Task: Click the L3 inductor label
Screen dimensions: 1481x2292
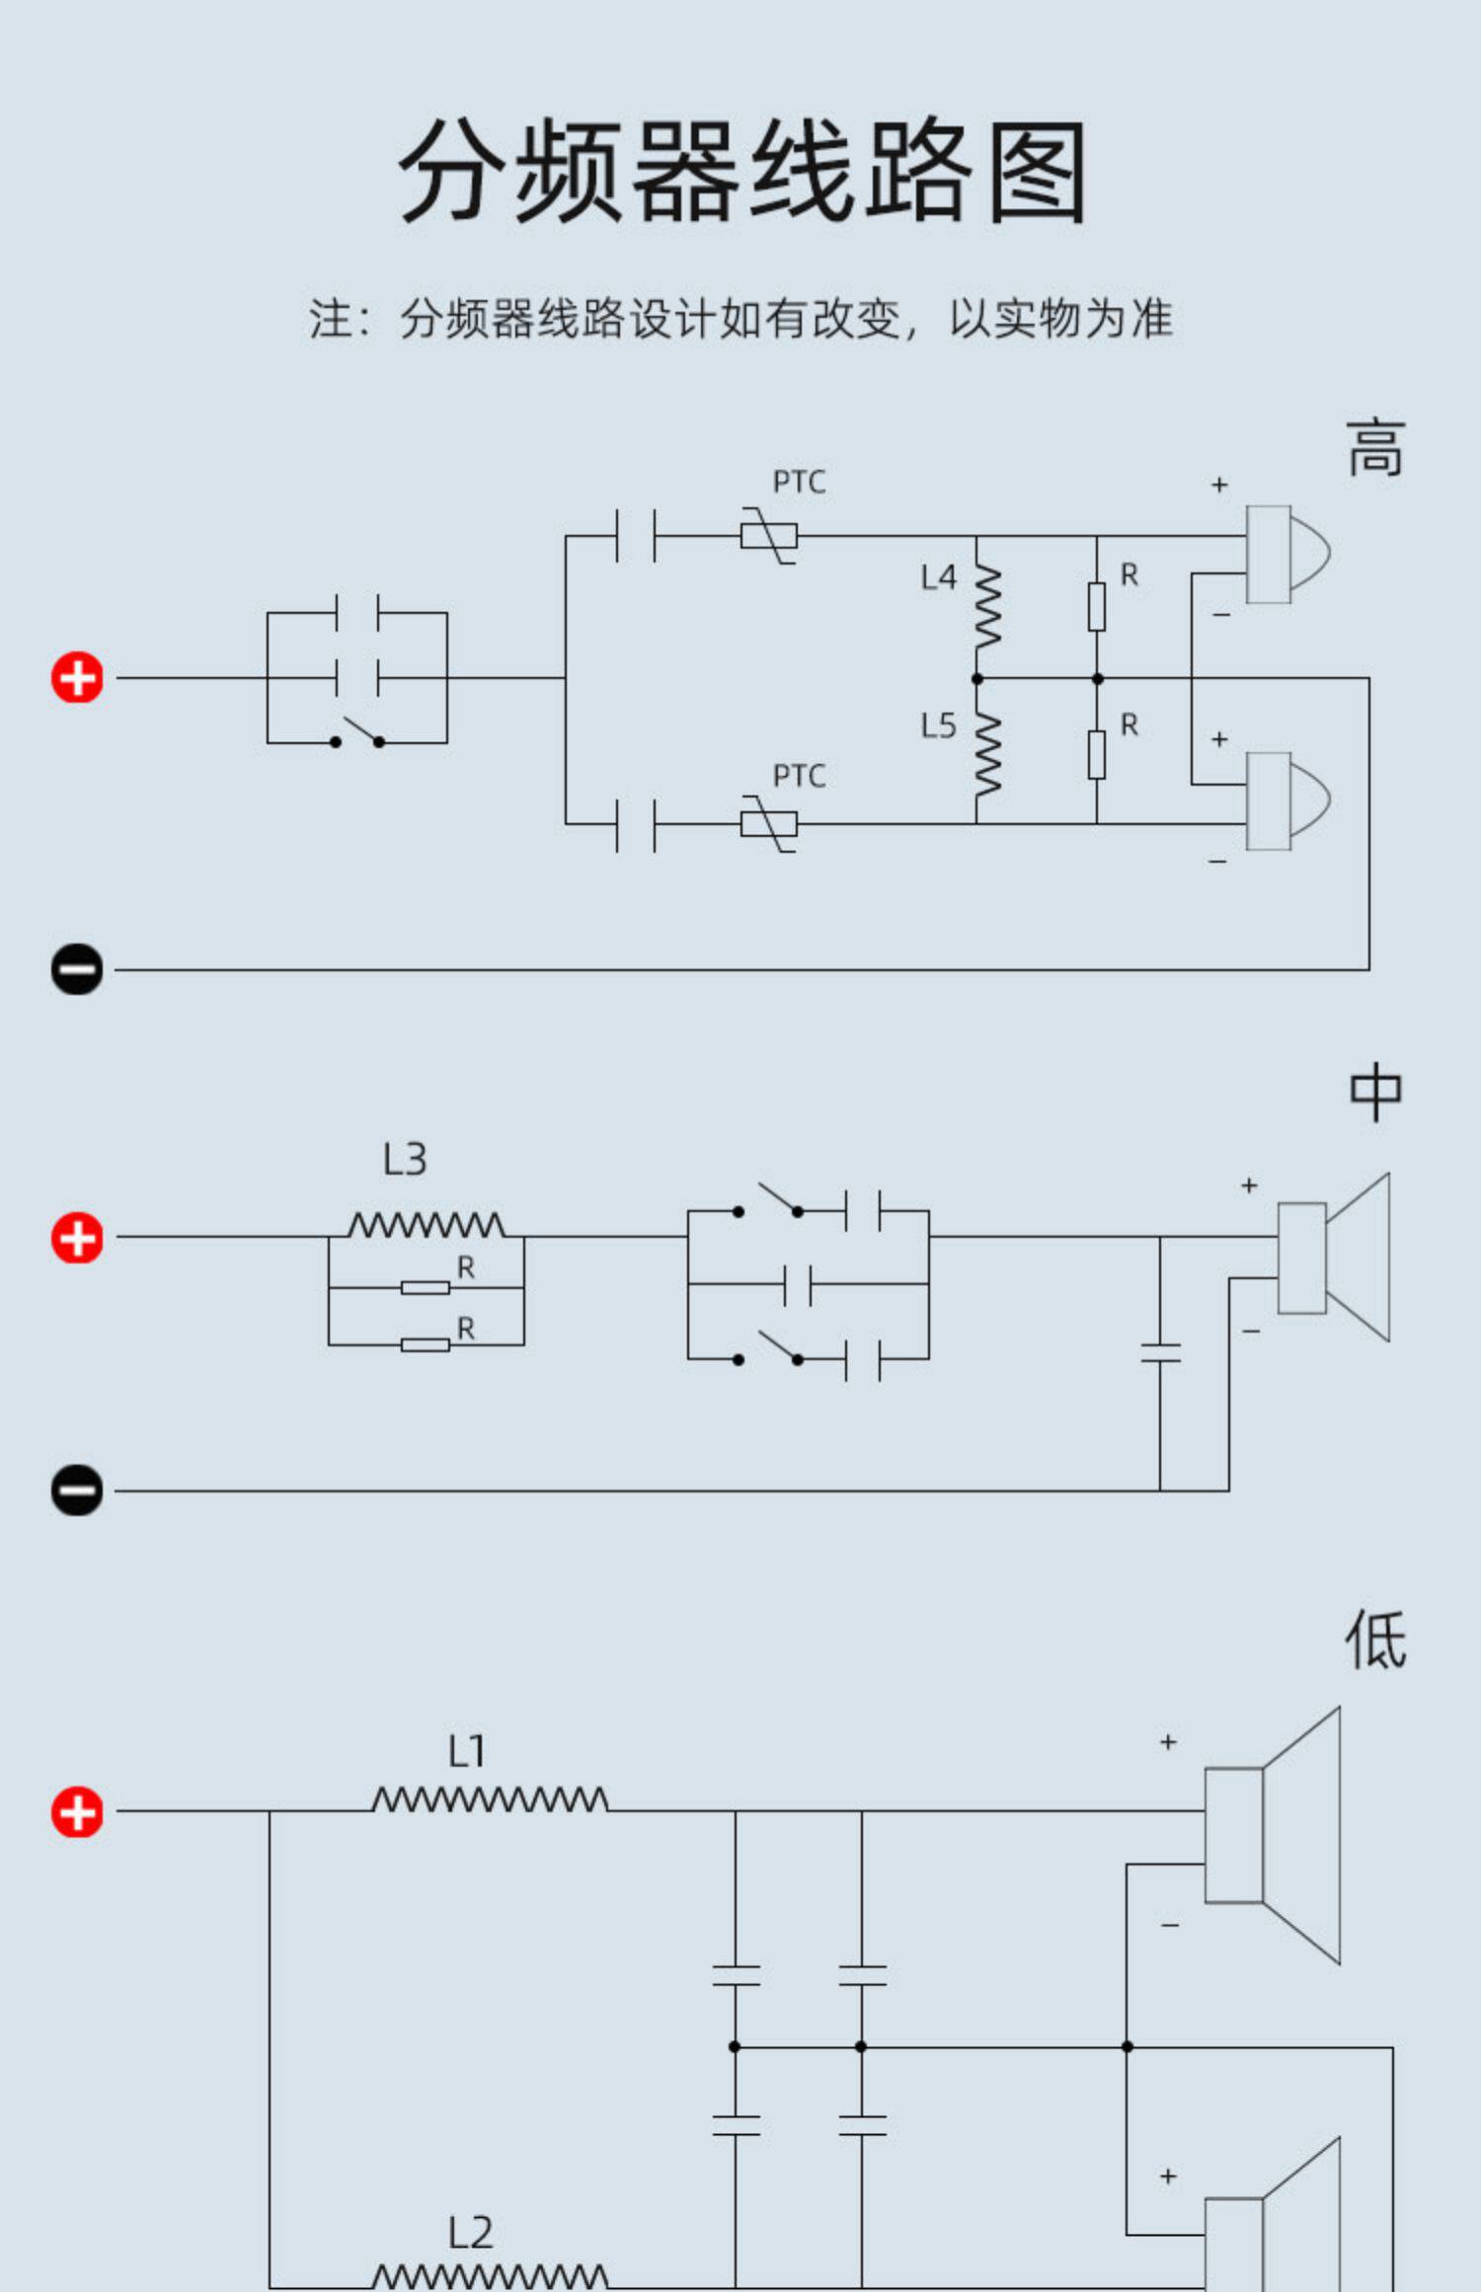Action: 405,1159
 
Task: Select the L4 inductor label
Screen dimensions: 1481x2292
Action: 938,577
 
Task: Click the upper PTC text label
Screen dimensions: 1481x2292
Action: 799,482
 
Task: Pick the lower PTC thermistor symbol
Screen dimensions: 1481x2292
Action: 769,823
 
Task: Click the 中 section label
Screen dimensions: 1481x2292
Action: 1375,1092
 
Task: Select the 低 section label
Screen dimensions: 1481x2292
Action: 1375,1640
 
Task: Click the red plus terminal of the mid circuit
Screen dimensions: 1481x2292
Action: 77,1238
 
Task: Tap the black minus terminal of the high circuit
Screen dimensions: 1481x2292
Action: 77,968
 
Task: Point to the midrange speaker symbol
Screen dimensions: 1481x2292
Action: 1334,1258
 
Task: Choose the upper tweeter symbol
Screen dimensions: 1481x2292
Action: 1287,554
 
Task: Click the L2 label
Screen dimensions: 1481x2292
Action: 470,2233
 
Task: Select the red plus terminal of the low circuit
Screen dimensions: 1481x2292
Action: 77,1812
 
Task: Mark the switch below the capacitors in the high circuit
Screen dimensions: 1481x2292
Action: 357,733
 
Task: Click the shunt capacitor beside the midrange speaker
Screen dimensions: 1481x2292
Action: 1160,1352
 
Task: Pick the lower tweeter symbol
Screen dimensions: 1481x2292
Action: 1287,801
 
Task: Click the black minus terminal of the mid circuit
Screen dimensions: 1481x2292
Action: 77,1490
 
